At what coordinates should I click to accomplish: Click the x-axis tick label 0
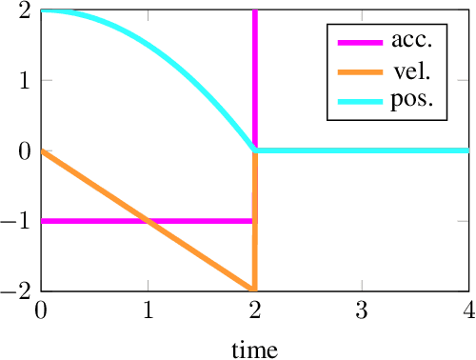tap(41, 310)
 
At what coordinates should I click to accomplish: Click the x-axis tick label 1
tap(148, 310)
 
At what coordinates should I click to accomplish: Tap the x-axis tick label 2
tap(254, 310)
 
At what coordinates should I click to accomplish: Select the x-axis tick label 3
tap(361, 310)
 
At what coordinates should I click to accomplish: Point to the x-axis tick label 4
tap(467, 310)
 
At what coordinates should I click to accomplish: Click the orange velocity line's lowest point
tap(252, 290)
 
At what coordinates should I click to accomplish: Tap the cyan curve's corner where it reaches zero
tap(254, 150)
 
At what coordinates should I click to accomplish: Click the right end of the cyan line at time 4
tap(466, 150)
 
